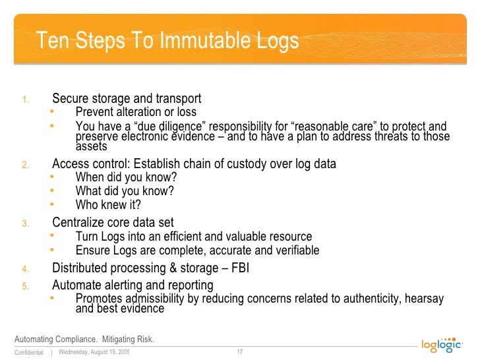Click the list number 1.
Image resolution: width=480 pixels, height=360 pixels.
click(24, 100)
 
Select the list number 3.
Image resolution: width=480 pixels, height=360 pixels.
click(24, 224)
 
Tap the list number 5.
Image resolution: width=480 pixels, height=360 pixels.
click(24, 286)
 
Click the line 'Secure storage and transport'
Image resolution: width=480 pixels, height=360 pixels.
click(127, 99)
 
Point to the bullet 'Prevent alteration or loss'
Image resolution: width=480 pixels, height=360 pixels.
click(136, 112)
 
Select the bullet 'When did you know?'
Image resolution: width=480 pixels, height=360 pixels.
click(126, 177)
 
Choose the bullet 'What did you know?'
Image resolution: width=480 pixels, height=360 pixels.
click(125, 191)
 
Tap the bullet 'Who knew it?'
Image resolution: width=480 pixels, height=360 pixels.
click(108, 204)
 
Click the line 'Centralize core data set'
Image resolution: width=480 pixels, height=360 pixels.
click(113, 222)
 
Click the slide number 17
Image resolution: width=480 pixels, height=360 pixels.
click(240, 352)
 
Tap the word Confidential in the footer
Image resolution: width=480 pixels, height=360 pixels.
click(28, 353)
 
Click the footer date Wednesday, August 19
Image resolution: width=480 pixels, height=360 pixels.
click(93, 352)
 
